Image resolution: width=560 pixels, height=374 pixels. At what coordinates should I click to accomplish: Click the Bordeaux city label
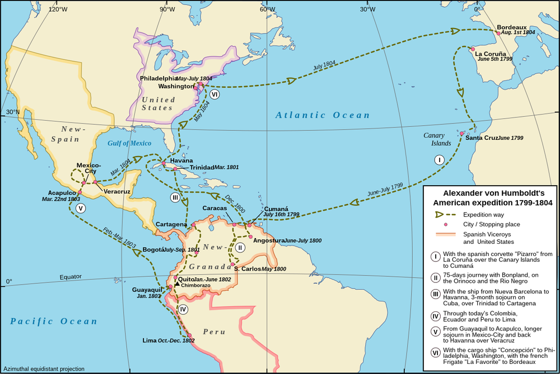click(512, 26)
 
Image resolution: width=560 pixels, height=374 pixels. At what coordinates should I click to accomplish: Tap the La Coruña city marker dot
click(473, 49)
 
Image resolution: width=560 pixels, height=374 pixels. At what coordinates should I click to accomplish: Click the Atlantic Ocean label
click(323, 115)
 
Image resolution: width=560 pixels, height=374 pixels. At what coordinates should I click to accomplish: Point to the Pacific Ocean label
click(54, 321)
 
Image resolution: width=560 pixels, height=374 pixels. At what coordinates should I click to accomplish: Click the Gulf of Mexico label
click(129, 143)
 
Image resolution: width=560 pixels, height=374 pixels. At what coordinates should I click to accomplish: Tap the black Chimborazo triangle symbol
click(177, 285)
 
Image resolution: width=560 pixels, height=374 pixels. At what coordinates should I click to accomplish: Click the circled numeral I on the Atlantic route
click(440, 159)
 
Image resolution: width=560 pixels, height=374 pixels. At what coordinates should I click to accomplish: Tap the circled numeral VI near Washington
click(214, 94)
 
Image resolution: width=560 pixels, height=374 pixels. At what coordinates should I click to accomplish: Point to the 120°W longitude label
click(58, 9)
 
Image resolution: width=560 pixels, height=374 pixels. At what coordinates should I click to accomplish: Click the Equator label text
click(70, 277)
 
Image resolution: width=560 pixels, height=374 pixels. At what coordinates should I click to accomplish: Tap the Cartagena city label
click(171, 224)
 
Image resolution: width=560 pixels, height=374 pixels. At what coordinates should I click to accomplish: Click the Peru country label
click(214, 332)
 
